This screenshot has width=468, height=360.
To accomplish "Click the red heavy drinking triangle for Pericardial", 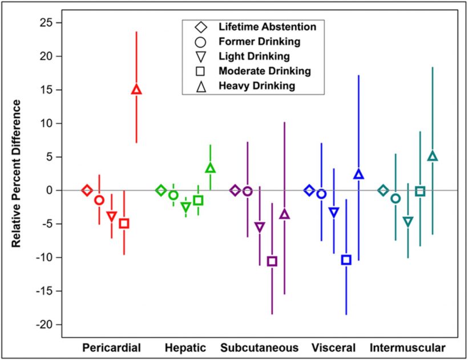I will click(x=136, y=90).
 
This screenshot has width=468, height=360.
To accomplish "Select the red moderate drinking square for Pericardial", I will click(x=124, y=223).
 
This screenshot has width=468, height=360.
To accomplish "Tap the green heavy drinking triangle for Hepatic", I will click(x=210, y=168).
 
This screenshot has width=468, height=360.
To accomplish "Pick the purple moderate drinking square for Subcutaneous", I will click(x=272, y=261).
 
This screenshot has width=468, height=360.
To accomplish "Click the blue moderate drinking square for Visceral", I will click(x=346, y=260).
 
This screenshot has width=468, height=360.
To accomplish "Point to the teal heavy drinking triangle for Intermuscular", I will click(x=433, y=156).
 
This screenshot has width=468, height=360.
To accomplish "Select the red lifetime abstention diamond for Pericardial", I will click(x=87, y=190).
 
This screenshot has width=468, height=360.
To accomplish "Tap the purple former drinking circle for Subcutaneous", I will click(x=248, y=191).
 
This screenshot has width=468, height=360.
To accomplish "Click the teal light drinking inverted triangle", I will click(x=408, y=221).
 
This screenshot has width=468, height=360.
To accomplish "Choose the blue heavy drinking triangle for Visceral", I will click(x=358, y=175).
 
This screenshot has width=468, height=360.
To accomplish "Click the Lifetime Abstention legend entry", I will click(x=267, y=27).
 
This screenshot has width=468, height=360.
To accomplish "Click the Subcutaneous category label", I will click(x=259, y=347).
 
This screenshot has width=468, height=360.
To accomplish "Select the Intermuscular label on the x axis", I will click(x=408, y=347).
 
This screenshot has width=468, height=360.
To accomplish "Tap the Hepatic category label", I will click(x=185, y=347).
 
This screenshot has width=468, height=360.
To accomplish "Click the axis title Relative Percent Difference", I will click(x=17, y=173).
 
